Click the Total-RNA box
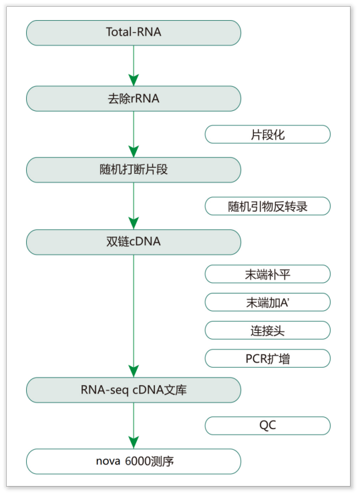(134, 33)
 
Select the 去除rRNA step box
(134, 99)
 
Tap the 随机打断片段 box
(134, 170)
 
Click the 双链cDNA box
(134, 242)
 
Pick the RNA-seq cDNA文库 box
(134, 390)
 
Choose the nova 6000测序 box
(134, 461)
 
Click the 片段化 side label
(267, 134)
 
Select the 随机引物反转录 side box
(267, 206)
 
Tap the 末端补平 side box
(267, 274)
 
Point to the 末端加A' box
(267, 302)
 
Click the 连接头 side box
(267, 330)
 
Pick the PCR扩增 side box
(267, 358)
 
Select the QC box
(267, 426)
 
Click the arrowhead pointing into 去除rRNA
(134, 80)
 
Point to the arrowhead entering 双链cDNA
(134, 223)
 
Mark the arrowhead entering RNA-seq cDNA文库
(134, 371)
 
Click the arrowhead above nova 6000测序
(134, 443)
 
